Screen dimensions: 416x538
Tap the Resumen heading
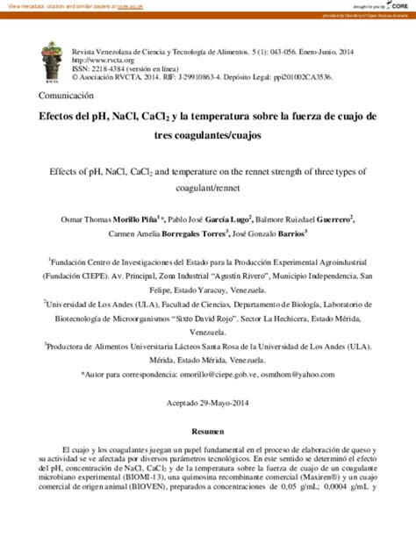207,434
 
